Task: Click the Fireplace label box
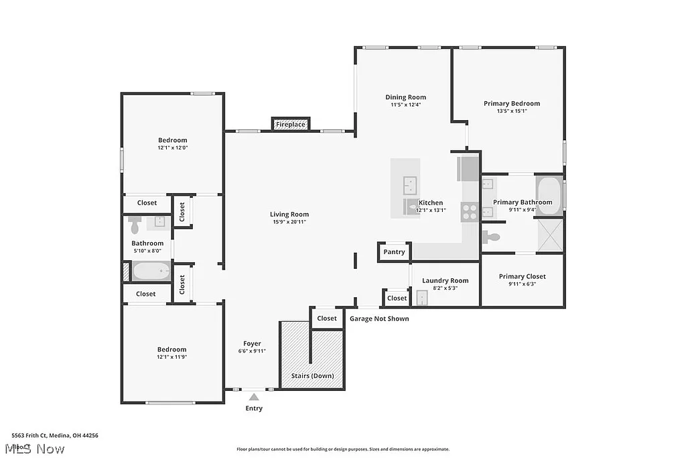[x=291, y=124]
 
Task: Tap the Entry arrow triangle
[x=254, y=398]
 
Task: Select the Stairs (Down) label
[x=312, y=376]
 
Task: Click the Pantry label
[x=395, y=251]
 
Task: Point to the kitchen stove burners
[x=469, y=212]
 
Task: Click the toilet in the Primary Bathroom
[x=492, y=237]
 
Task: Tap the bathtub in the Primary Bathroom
[x=549, y=194]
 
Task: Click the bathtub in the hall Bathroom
[x=151, y=271]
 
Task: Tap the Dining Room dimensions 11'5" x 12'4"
[x=405, y=105]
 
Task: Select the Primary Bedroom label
[x=512, y=103]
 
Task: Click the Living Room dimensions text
[x=290, y=222]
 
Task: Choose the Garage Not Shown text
[x=379, y=319]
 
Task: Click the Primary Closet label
[x=522, y=276]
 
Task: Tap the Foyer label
[x=252, y=343]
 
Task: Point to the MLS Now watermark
[x=33, y=449]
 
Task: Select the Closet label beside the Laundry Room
[x=397, y=298]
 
